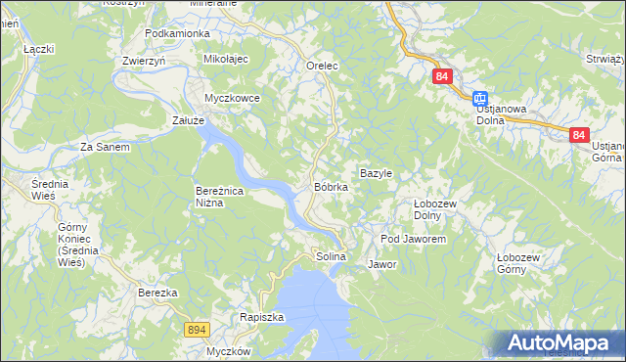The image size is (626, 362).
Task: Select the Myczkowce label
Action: [x=231, y=98]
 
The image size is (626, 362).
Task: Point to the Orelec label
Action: [x=322, y=66]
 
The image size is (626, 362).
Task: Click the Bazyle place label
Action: [x=376, y=173]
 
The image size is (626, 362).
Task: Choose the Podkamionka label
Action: [x=177, y=33]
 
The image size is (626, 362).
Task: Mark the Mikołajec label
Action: [x=226, y=60]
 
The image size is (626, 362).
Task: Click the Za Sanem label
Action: [x=105, y=147]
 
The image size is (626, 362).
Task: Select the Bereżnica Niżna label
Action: [x=223, y=197]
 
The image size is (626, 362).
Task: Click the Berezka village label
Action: [x=157, y=293]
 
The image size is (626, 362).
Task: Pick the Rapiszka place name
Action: [x=261, y=317]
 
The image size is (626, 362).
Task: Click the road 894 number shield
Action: [x=196, y=331]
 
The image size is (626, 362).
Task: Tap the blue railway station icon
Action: [x=480, y=98]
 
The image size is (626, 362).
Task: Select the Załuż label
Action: [x=188, y=120]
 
